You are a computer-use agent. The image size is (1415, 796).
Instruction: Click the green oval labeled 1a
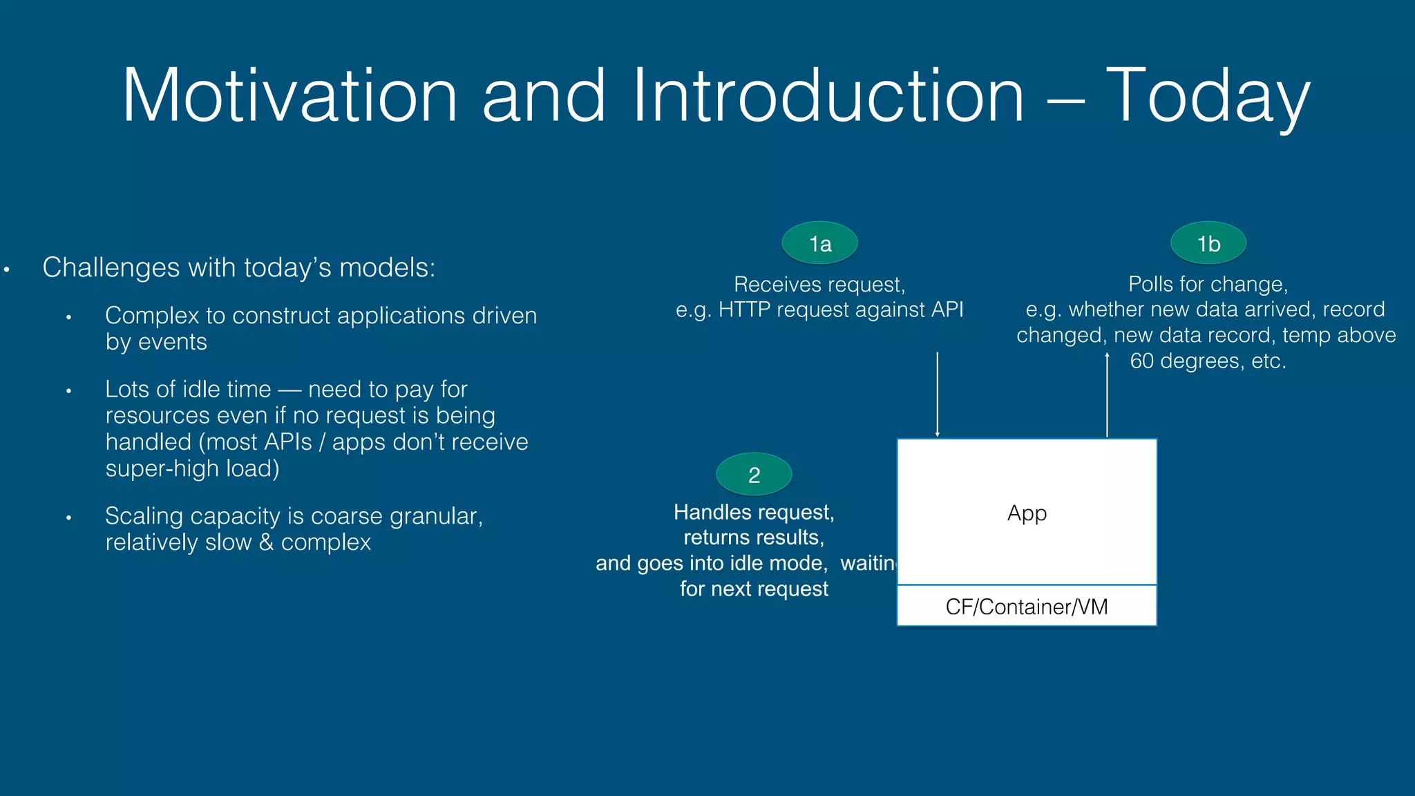819,243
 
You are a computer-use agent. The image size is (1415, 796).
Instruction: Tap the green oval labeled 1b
1208,243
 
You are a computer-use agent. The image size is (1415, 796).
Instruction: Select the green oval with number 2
754,475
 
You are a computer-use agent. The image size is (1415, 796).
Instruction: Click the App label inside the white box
1027,513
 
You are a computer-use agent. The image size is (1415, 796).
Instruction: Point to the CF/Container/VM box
1027,606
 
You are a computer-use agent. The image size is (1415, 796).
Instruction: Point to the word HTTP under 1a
744,310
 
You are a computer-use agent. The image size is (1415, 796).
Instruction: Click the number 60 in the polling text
1141,361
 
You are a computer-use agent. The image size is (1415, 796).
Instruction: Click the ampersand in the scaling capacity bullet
266,542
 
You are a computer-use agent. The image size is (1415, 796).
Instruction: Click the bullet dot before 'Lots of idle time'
68,391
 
